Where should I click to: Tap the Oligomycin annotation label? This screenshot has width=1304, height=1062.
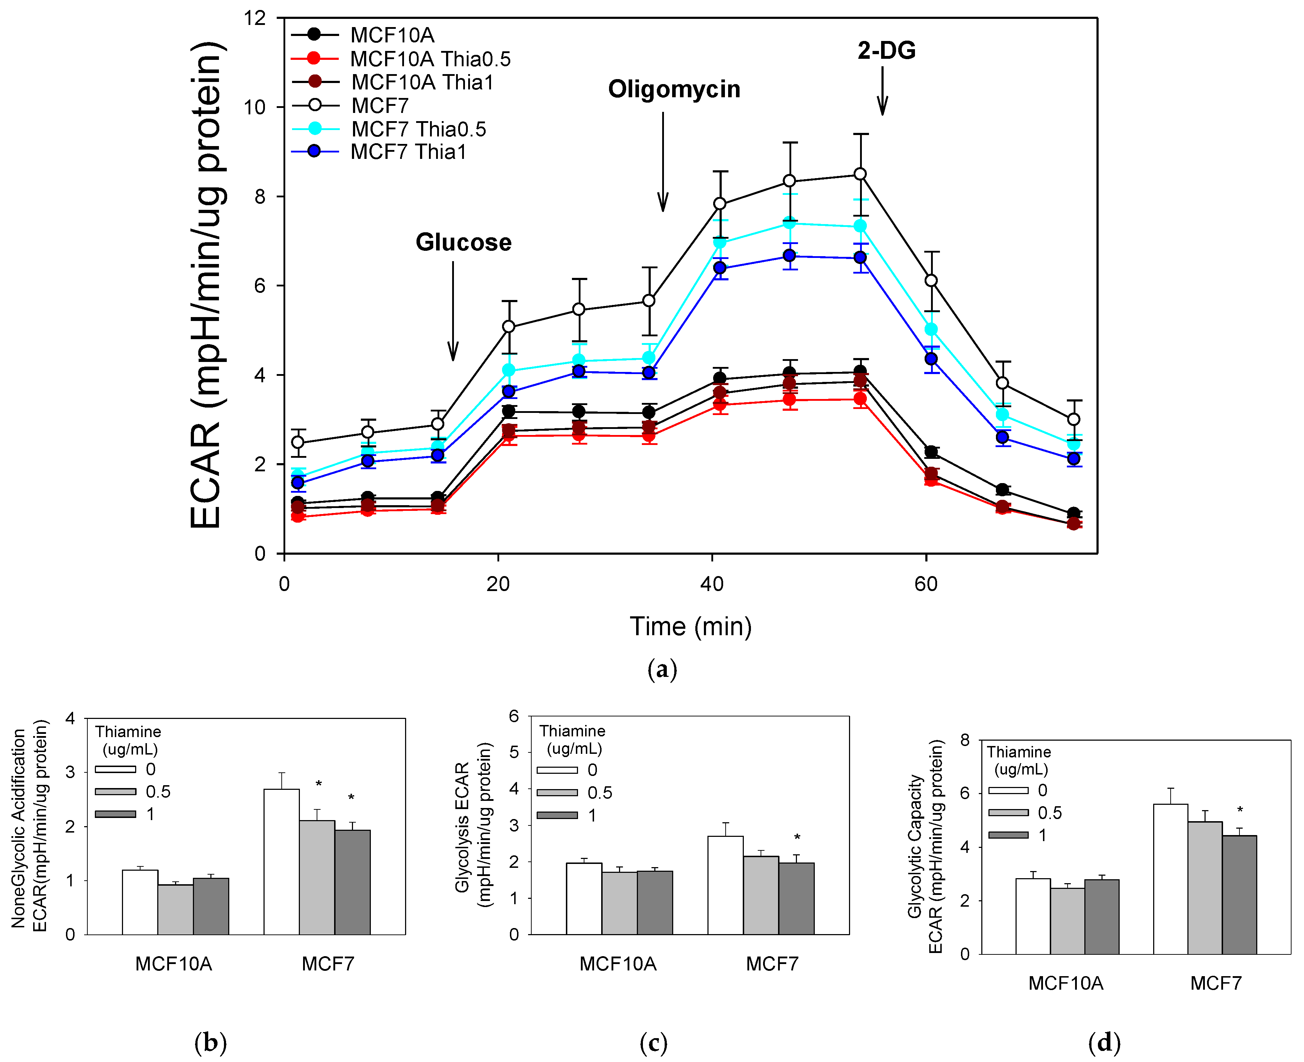click(674, 89)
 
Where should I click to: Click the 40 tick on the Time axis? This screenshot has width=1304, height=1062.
click(712, 584)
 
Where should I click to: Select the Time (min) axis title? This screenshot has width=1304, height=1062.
click(691, 626)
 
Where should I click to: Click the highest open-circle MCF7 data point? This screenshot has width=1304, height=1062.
click(860, 174)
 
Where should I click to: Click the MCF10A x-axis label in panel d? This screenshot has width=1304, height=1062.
click(1066, 984)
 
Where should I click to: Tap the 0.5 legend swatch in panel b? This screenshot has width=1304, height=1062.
click(115, 792)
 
